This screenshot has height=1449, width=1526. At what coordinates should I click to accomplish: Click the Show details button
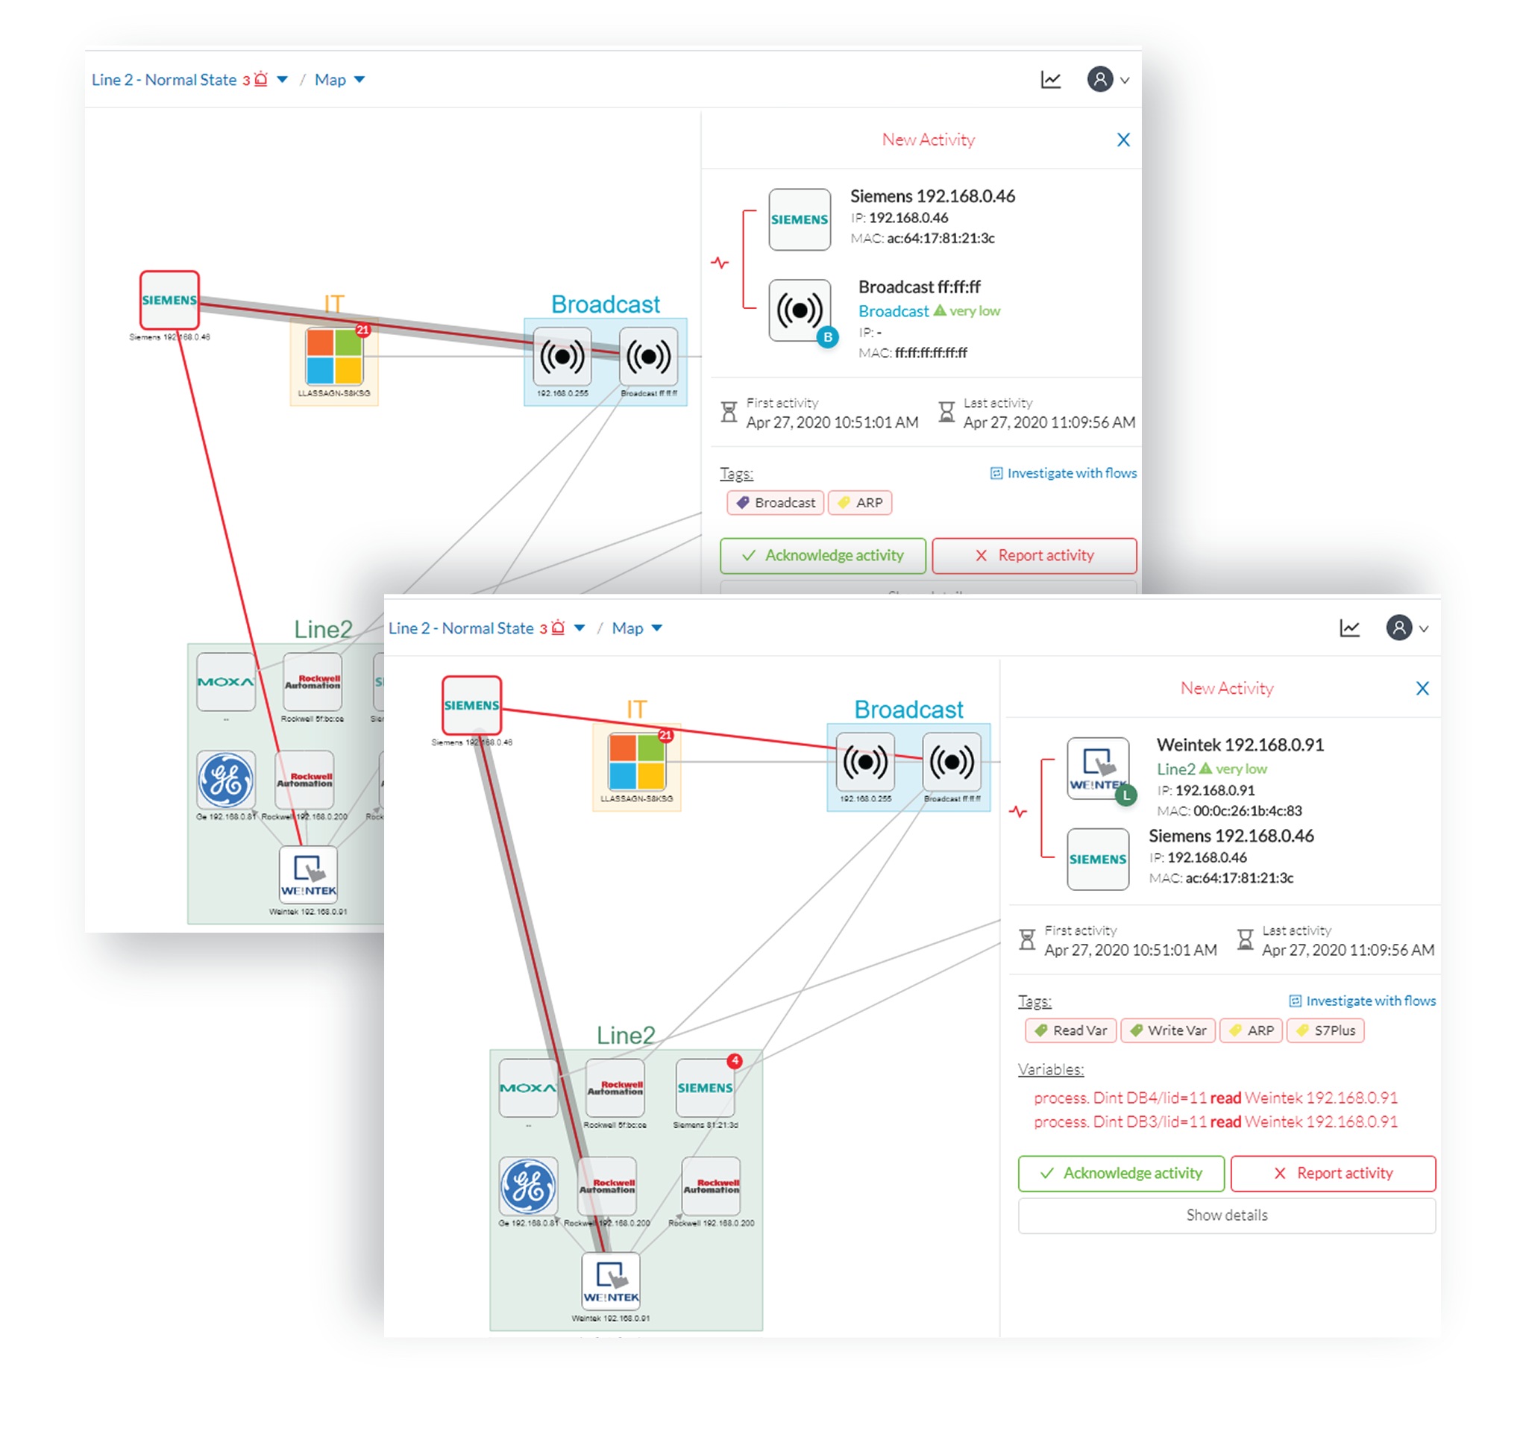1225,1215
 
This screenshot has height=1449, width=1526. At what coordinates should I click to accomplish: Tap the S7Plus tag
1325,1030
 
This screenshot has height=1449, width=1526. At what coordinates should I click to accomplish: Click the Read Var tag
1070,1030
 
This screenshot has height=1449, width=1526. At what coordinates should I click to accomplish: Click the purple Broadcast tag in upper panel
775,503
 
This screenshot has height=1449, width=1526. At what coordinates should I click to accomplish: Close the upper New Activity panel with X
1123,140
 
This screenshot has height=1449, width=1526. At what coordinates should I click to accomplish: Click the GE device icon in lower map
528,1186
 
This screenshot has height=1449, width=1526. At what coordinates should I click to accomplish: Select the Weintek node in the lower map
610,1281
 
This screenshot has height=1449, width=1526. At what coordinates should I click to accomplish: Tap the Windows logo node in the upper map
333,357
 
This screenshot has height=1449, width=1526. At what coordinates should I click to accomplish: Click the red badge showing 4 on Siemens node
735,1061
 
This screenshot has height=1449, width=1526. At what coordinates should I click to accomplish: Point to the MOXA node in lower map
528,1089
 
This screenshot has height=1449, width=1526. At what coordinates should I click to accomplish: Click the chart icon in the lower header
1349,628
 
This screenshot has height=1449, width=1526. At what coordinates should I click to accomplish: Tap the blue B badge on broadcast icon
827,337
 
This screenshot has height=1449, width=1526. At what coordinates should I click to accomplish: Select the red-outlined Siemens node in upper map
169,300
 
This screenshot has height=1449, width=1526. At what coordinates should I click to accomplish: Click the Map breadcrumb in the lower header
627,628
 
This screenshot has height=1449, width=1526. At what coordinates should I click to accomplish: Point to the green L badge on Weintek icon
1125,795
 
